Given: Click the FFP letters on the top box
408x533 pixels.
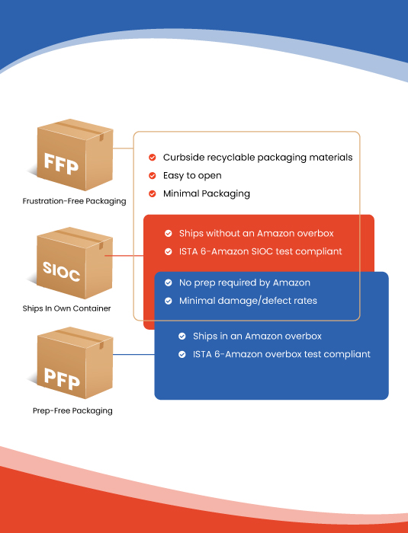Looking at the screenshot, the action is click(61, 164).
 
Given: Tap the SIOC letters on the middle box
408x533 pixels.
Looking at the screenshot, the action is click(61, 271).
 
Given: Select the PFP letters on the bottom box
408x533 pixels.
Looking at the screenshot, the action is click(62, 378).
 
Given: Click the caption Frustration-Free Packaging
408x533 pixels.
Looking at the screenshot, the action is click(74, 201).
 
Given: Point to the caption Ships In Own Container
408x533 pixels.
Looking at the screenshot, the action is click(67, 308).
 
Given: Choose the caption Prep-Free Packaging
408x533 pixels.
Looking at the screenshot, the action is click(72, 410).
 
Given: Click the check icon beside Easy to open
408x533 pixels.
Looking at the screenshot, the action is click(153, 175).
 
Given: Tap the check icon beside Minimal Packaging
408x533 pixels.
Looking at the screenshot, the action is click(153, 193).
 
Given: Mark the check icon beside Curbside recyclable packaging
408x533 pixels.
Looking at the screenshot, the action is click(153, 158).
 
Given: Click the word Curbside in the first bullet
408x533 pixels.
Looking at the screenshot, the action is click(184, 158).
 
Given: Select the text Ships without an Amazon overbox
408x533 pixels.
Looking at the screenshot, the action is click(256, 233).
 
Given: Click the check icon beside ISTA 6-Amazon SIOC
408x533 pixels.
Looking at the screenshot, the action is click(169, 251).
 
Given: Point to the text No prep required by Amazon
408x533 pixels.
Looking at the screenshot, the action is click(245, 282).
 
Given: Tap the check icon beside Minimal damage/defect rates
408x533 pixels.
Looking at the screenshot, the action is click(169, 301).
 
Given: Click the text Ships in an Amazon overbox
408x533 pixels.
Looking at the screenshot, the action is click(257, 337).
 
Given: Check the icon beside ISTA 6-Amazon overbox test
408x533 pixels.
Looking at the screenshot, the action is click(182, 354).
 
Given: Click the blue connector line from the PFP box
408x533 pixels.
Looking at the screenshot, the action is click(133, 355).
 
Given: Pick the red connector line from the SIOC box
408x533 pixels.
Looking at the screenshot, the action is click(124, 256).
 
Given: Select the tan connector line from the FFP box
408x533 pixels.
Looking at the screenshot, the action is click(123, 148).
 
